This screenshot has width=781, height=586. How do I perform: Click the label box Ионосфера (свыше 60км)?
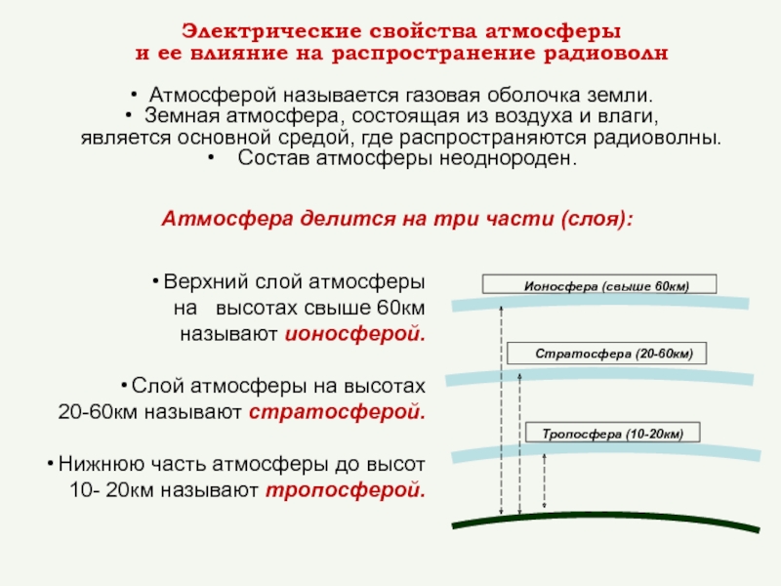[599, 285]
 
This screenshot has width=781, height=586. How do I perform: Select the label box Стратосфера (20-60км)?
[605, 354]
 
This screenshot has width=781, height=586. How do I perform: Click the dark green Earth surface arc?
[605, 517]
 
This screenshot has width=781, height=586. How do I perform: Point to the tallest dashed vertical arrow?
[501, 410]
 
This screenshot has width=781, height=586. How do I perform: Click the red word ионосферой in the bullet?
[355, 333]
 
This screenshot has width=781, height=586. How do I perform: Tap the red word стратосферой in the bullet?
[338, 411]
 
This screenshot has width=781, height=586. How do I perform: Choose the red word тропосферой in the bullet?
[346, 489]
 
